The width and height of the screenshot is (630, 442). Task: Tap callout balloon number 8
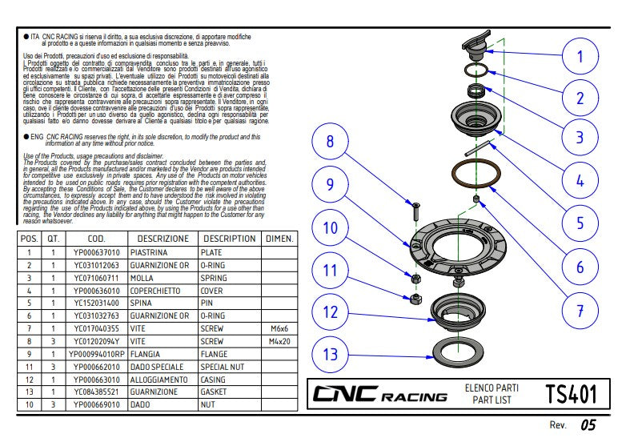pos(329,143)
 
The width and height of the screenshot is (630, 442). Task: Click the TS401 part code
pos(571,394)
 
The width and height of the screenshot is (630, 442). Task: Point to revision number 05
pos(588,424)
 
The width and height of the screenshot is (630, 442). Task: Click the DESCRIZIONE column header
pos(163,239)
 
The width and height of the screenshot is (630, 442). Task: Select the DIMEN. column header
pos(279,239)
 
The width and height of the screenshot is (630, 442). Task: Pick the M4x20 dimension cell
pos(279,341)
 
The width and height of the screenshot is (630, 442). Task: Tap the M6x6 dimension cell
pos(279,328)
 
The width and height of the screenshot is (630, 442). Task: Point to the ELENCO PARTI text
pos(492,388)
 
